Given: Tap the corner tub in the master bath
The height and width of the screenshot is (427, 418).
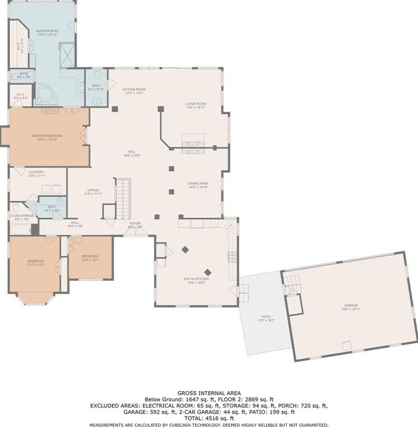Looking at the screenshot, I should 44,93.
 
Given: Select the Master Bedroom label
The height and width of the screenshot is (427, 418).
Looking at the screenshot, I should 47,137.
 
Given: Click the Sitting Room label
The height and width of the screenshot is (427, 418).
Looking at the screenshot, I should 133,91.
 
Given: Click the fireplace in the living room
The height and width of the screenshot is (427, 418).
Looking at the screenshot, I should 193,140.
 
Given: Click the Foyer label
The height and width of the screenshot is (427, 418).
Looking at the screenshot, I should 135,224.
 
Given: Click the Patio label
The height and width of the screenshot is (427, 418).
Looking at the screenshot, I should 265,319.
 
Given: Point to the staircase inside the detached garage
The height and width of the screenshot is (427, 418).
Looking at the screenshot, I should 291,287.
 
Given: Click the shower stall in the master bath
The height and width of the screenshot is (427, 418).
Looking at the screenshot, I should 67,54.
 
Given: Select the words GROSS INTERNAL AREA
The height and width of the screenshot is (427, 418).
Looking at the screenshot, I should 208,393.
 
